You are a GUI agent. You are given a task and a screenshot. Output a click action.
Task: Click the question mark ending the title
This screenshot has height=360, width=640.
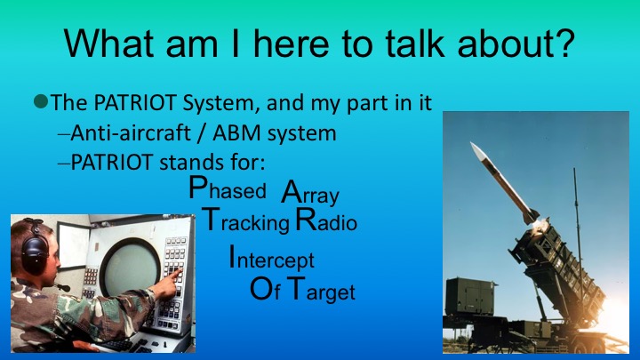(x=563, y=42)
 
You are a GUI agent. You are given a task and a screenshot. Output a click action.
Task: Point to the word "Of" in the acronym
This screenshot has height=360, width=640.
(x=264, y=290)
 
